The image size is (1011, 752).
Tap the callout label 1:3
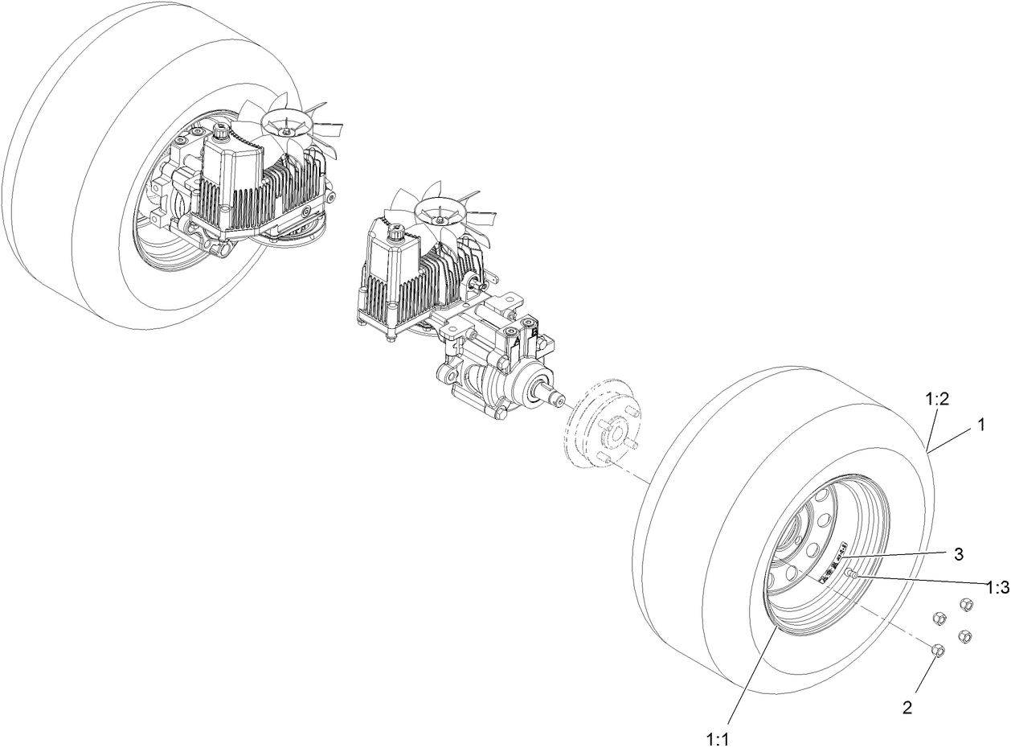(997, 587)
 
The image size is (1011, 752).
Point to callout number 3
(958, 553)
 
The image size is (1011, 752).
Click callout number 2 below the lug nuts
(907, 708)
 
